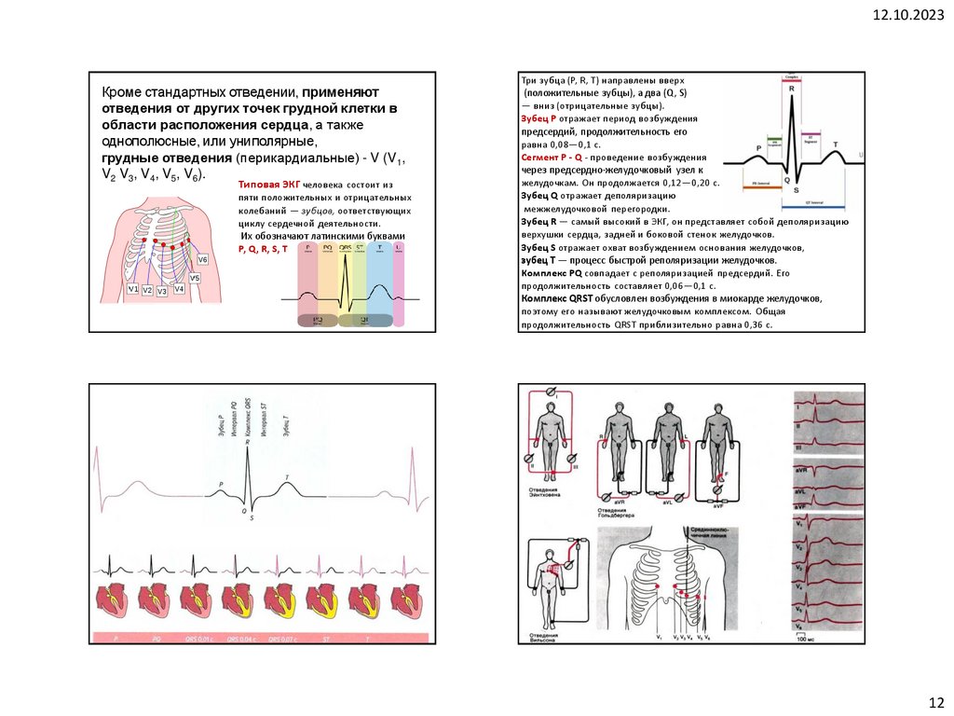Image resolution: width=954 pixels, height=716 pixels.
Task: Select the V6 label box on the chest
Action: [202, 258]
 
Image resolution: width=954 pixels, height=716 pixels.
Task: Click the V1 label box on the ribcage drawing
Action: [133, 290]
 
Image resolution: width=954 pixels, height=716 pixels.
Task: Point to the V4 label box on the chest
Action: [179, 289]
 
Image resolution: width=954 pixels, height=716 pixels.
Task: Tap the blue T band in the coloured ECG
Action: [378, 289]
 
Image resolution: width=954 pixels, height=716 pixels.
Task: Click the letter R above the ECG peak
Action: [791, 88]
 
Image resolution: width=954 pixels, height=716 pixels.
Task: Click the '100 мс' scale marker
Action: [805, 640]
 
